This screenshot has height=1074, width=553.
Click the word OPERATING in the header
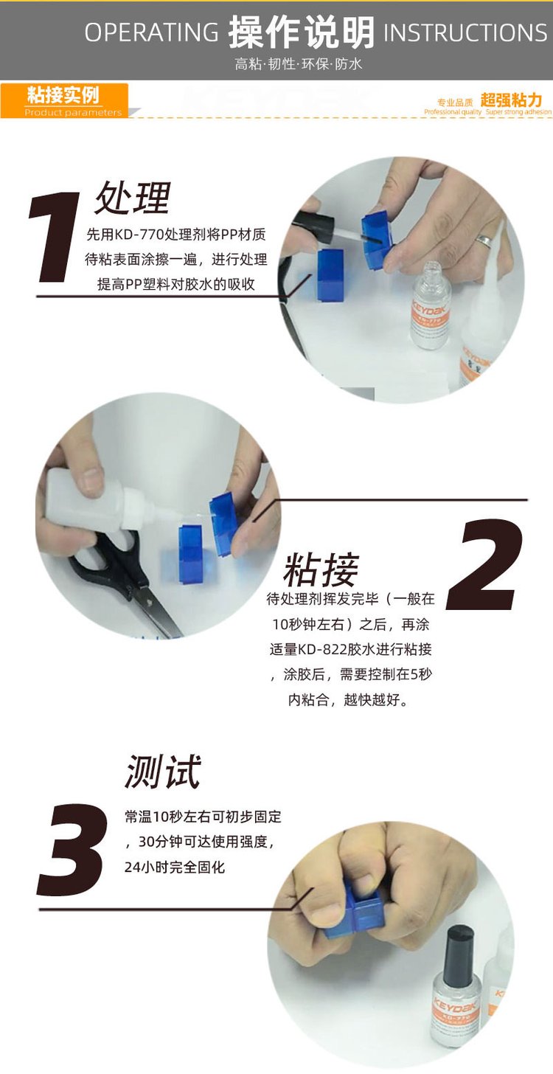(151, 32)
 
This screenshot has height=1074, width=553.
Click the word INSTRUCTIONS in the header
(465, 32)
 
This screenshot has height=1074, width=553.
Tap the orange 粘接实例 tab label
(63, 95)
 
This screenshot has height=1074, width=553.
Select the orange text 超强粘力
(511, 100)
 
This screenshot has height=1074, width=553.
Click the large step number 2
(484, 564)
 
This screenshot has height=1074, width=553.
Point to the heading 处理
(133, 198)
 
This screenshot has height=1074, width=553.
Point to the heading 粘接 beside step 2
(321, 569)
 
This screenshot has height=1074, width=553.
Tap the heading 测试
(162, 771)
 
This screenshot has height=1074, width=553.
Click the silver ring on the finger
(484, 239)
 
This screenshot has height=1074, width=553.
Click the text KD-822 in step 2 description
(322, 649)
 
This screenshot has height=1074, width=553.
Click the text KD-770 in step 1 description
(139, 235)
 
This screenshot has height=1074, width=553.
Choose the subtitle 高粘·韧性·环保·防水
(299, 63)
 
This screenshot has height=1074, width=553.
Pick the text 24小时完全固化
(175, 867)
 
